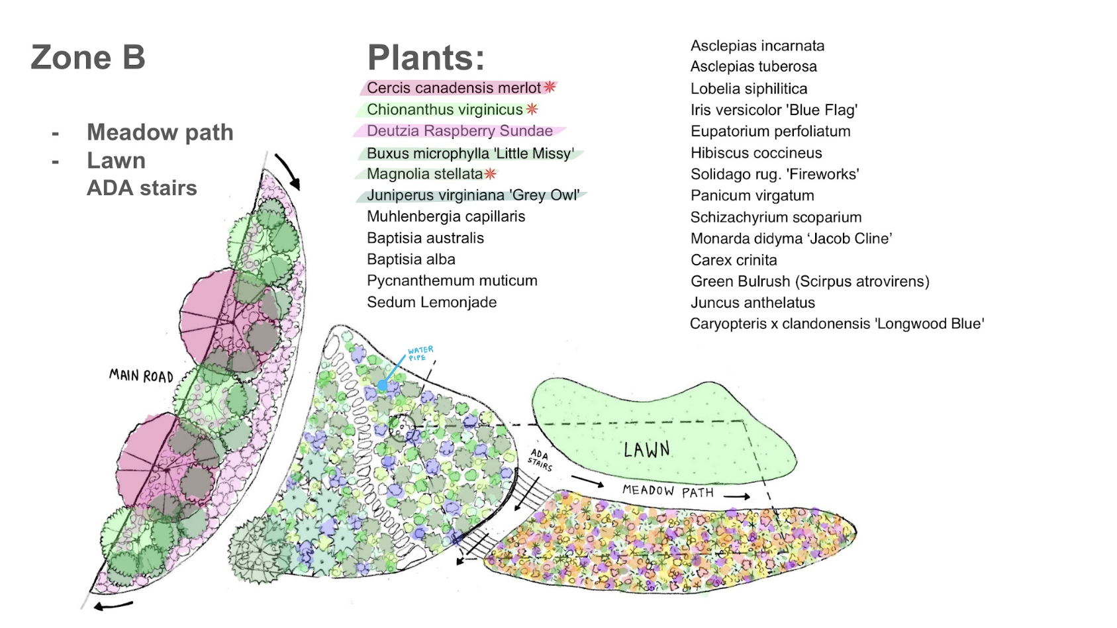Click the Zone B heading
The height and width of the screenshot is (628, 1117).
pyautogui.click(x=88, y=58)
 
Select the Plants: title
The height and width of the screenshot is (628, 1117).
pyautogui.click(x=426, y=58)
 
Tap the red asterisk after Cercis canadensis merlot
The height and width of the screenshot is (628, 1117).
pyautogui.click(x=550, y=87)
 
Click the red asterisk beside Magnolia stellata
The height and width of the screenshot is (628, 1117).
pyautogui.click(x=491, y=173)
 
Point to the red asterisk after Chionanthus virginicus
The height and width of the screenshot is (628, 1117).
pyautogui.click(x=532, y=109)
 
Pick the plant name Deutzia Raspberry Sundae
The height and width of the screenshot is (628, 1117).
pyautogui.click(x=460, y=130)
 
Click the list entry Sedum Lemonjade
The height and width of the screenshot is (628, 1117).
pyautogui.click(x=432, y=302)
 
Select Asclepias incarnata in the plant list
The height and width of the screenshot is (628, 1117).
pyautogui.click(x=757, y=46)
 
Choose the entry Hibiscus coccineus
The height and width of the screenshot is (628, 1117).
pyautogui.click(x=756, y=152)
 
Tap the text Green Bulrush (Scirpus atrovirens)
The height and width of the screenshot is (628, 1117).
pyautogui.click(x=810, y=282)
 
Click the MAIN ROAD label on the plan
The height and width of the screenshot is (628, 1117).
pyautogui.click(x=141, y=376)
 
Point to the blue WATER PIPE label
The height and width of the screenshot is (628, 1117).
pyautogui.click(x=420, y=353)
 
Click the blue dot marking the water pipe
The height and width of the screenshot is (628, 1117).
pyautogui.click(x=383, y=384)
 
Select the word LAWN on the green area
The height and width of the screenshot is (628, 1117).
pyautogui.click(x=647, y=449)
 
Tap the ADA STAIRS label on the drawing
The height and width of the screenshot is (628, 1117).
pyautogui.click(x=540, y=460)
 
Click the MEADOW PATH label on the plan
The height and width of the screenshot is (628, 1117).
pyautogui.click(x=668, y=492)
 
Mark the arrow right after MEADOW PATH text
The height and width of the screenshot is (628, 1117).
pyautogui.click(x=737, y=496)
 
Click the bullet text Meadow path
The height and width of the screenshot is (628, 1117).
pyautogui.click(x=160, y=132)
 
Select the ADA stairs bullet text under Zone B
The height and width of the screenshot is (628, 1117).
pyautogui.click(x=142, y=188)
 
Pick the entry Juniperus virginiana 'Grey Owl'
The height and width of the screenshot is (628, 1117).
pyautogui.click(x=473, y=195)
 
